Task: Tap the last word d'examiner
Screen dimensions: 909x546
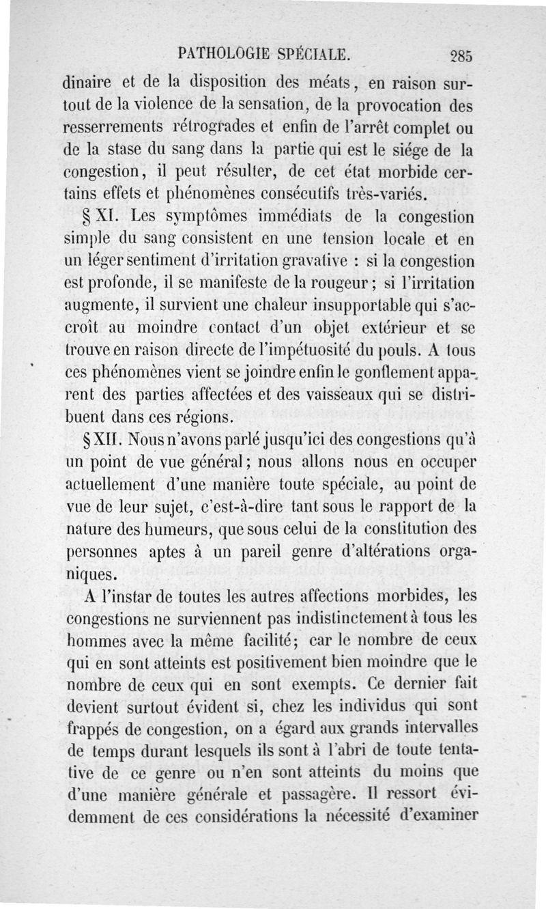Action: pyautogui.click(x=434, y=816)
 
